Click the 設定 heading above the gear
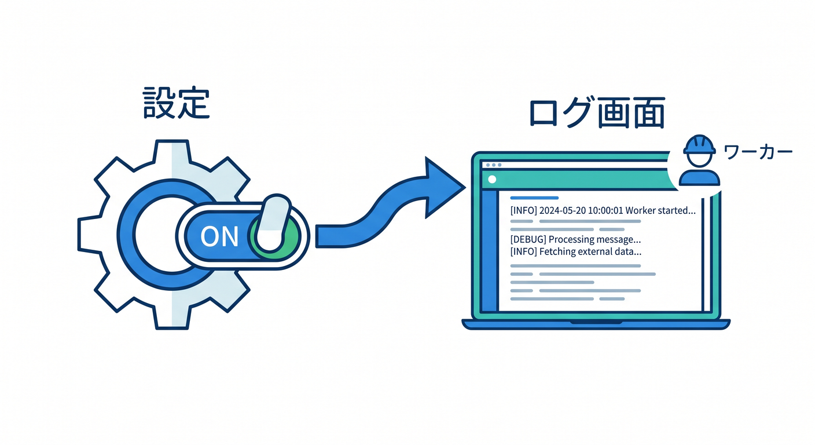tap(177, 103)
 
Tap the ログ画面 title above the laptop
tap(597, 112)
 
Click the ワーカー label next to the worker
tap(758, 152)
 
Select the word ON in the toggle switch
tap(219, 236)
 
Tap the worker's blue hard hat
tap(699, 145)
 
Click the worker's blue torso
tap(699, 178)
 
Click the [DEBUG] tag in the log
tap(528, 240)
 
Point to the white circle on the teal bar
tap(492, 179)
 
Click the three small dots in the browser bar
tap(494, 165)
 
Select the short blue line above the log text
tap(534, 198)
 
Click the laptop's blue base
tap(596, 324)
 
